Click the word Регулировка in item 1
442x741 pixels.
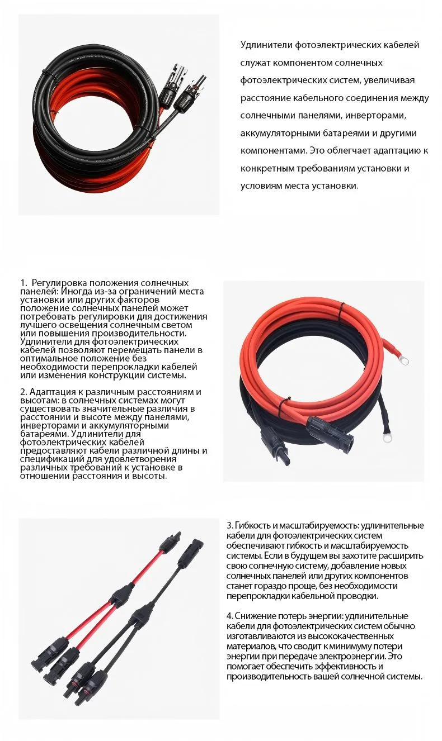coord(59,283)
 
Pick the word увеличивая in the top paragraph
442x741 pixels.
coord(389,80)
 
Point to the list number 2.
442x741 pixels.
coord(23,392)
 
